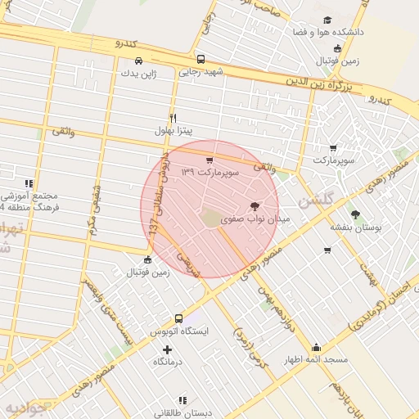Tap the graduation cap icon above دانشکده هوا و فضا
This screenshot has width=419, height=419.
(327, 20)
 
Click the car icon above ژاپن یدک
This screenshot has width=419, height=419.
(138, 61)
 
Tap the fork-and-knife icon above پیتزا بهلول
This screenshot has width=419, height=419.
(173, 118)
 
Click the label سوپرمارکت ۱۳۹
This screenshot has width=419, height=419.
(209, 173)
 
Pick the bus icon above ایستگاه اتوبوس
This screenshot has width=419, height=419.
(178, 318)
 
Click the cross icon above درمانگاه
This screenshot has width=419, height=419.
(168, 349)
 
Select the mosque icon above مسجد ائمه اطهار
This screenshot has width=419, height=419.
(316, 347)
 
